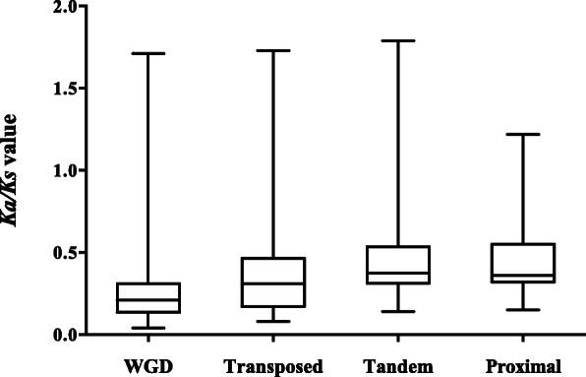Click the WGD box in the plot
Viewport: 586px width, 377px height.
point(148,297)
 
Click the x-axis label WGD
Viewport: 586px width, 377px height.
point(148,367)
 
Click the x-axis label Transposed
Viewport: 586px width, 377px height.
point(273,367)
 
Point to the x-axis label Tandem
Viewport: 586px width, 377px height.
point(397,367)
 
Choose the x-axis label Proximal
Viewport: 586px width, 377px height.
point(522,367)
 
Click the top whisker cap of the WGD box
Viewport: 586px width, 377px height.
point(148,53)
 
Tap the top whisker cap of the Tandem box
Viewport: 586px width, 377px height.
point(397,40)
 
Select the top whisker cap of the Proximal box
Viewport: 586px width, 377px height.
point(522,134)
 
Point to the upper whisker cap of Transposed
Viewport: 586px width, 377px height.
point(273,50)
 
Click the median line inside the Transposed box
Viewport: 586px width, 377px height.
point(273,283)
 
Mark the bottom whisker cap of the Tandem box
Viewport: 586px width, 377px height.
point(397,311)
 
